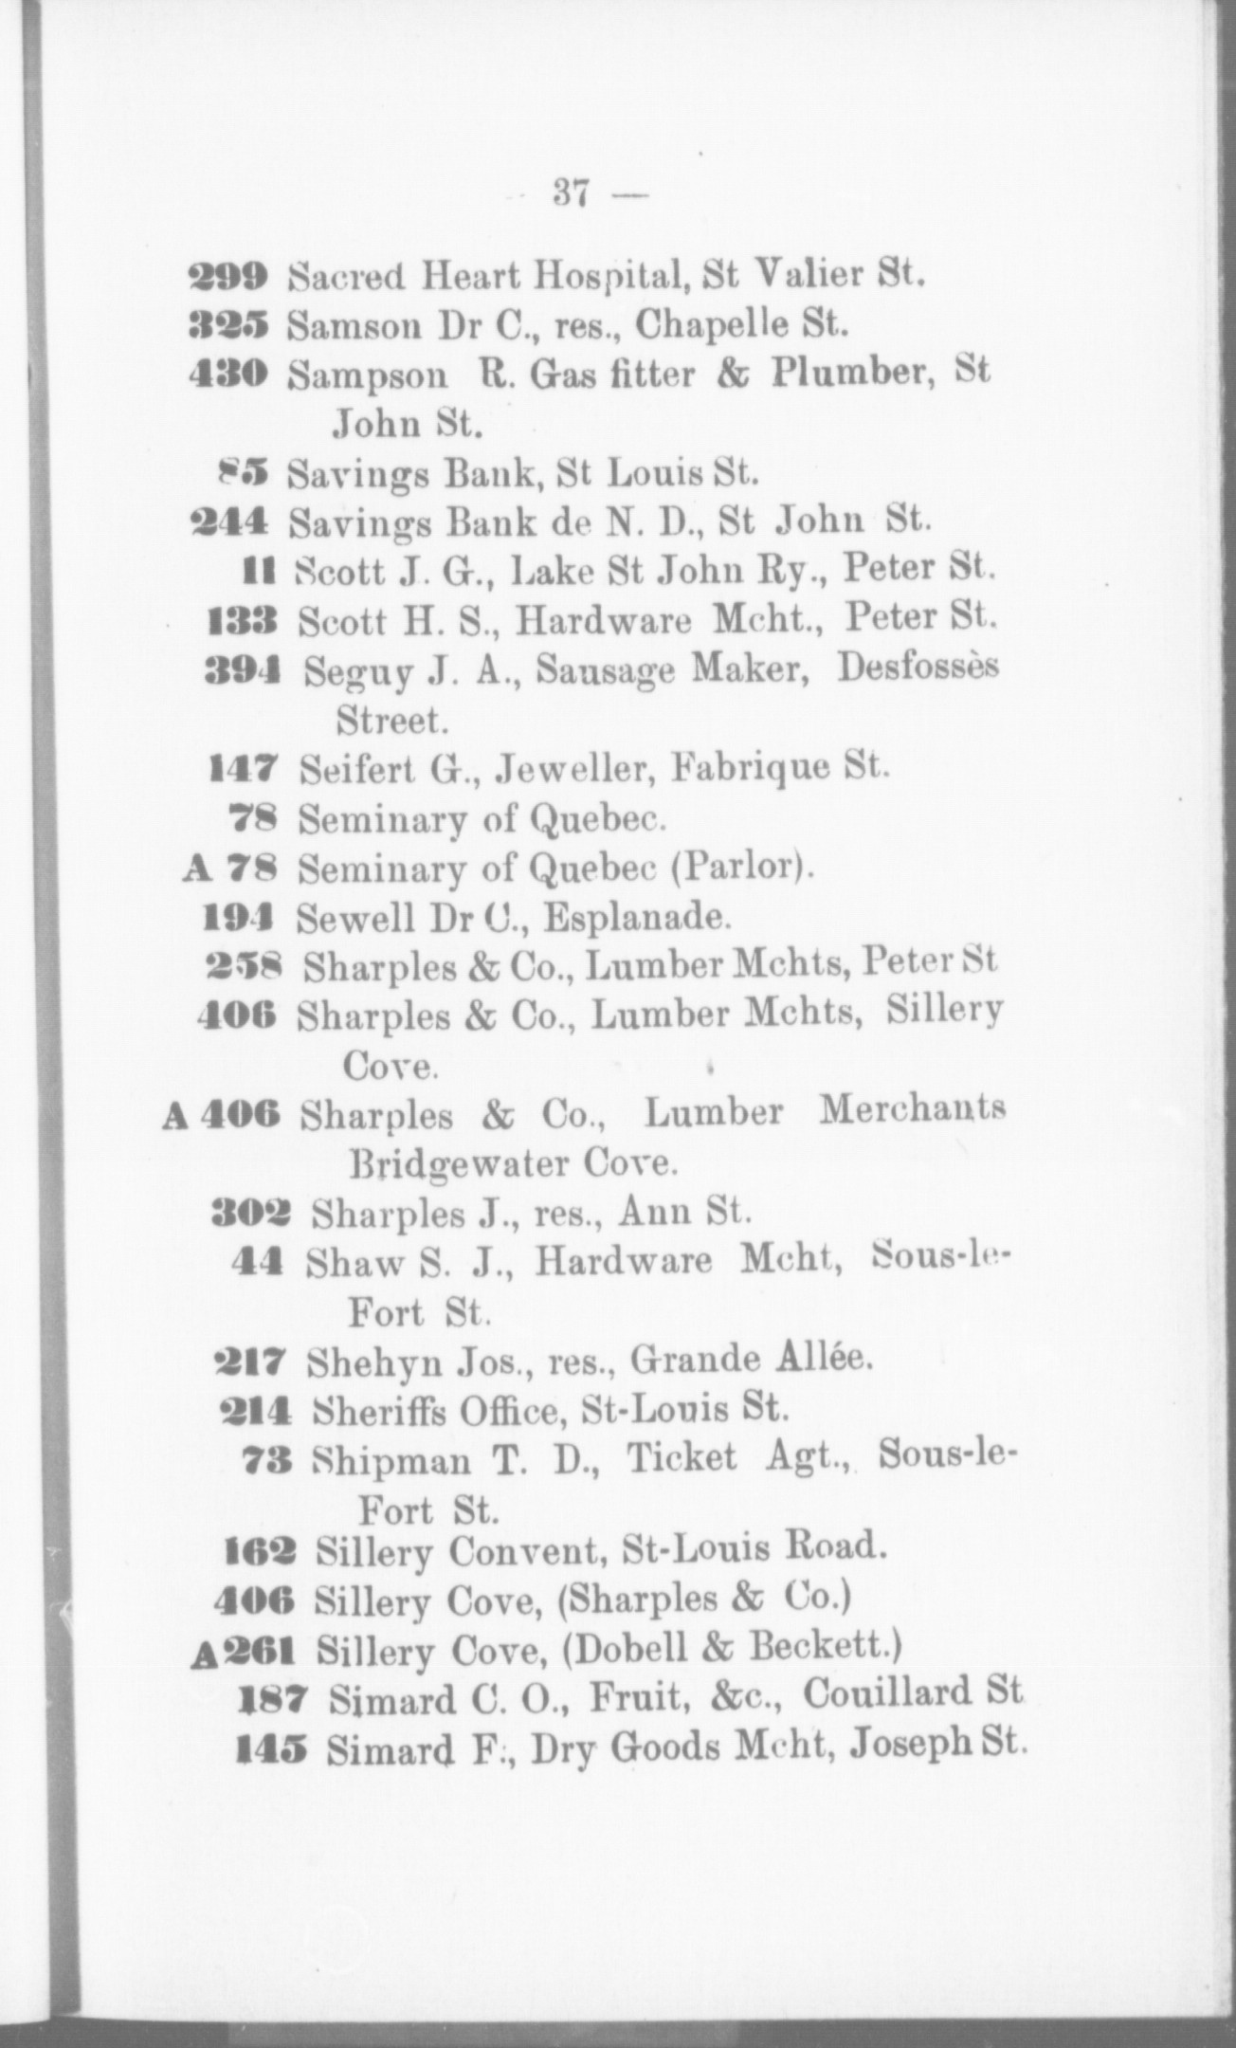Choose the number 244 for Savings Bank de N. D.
(x=231, y=521)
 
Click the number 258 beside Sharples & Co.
(x=243, y=965)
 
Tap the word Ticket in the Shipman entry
(x=681, y=1458)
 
